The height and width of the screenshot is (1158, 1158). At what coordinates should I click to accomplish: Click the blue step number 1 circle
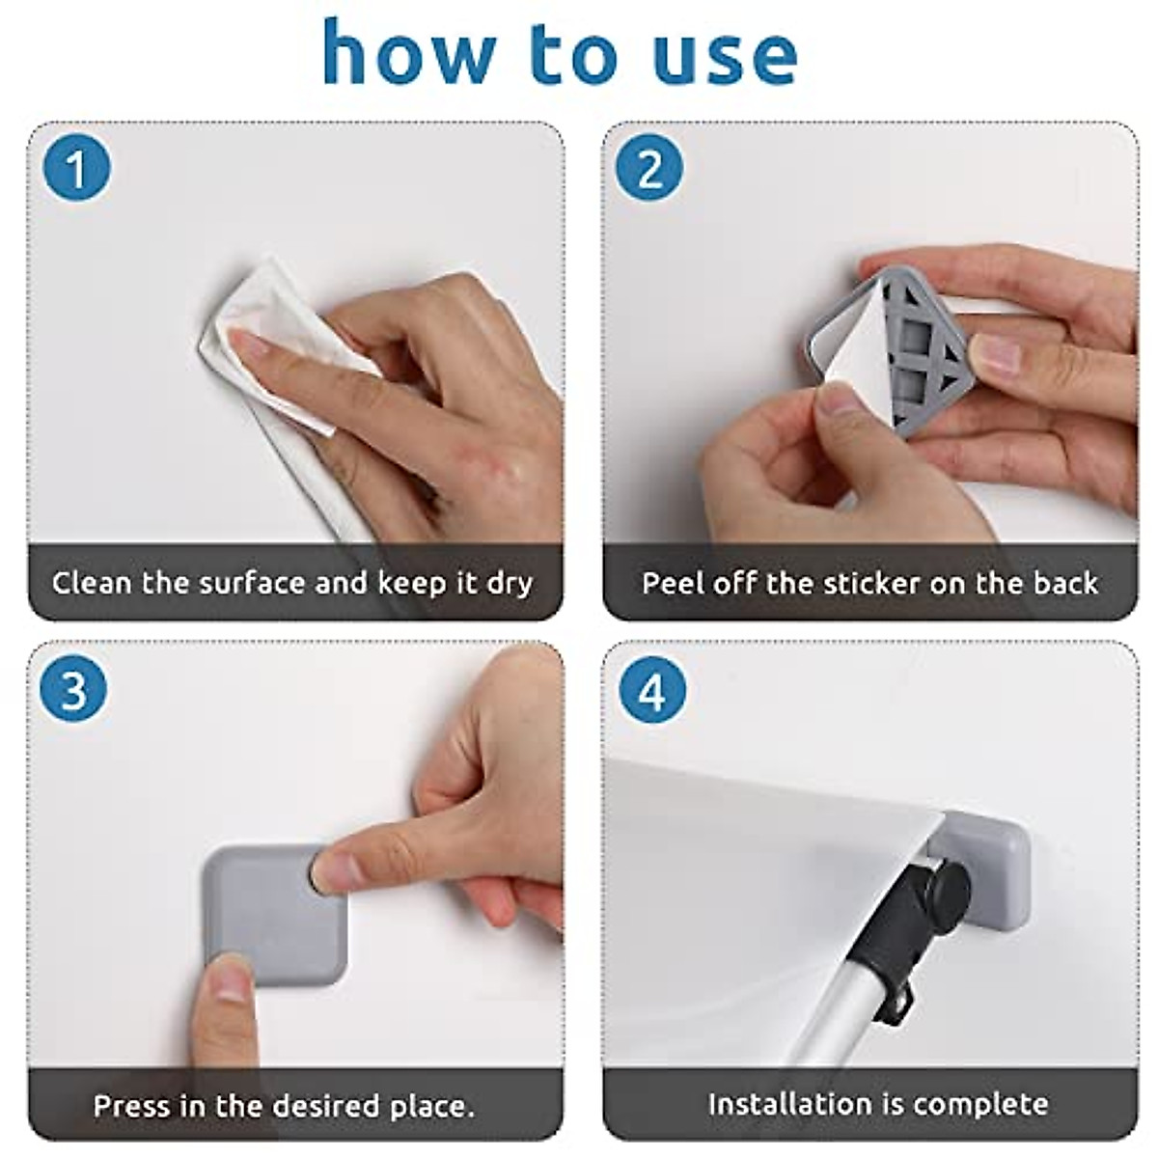pyautogui.click(x=77, y=167)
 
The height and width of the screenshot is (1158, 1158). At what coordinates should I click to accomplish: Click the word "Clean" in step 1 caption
pyautogui.click(x=92, y=582)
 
